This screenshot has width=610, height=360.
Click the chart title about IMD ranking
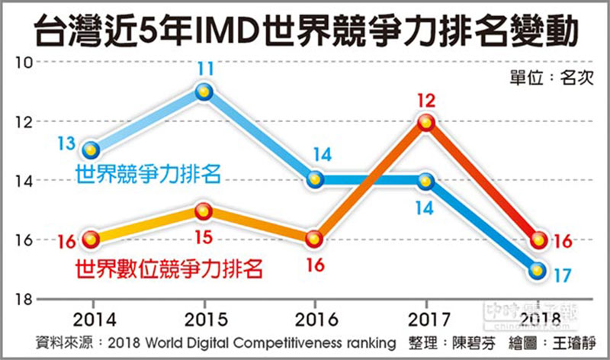(x=305, y=31)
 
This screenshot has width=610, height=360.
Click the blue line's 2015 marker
(x=204, y=92)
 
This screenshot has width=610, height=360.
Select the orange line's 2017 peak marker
(x=426, y=122)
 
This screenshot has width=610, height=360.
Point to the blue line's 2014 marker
(x=91, y=149)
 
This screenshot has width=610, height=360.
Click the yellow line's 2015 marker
(x=204, y=210)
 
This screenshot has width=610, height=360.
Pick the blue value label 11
(x=204, y=69)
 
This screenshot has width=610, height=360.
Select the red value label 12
(x=426, y=99)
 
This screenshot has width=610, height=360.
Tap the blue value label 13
(x=66, y=143)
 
